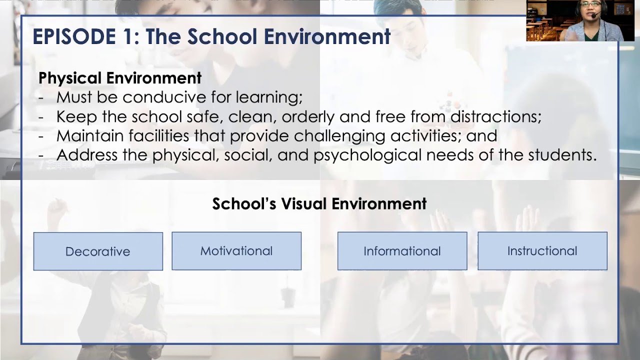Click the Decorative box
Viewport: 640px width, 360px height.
point(98,251)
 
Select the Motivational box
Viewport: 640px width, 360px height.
point(236,250)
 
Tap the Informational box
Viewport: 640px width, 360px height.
point(402,250)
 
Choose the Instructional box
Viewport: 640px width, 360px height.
point(542,250)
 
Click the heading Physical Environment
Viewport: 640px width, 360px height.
point(120,78)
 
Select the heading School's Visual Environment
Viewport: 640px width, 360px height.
point(319,203)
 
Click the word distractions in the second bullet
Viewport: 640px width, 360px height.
point(495,116)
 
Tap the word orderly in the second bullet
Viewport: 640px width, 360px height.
point(308,116)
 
